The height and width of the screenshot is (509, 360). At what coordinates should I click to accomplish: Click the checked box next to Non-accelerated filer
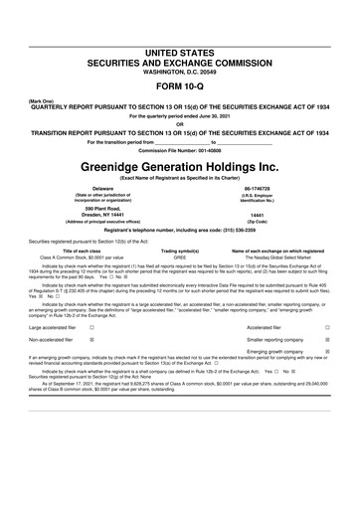(x=91, y=338)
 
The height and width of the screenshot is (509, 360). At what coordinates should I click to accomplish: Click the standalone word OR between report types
(x=180, y=124)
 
